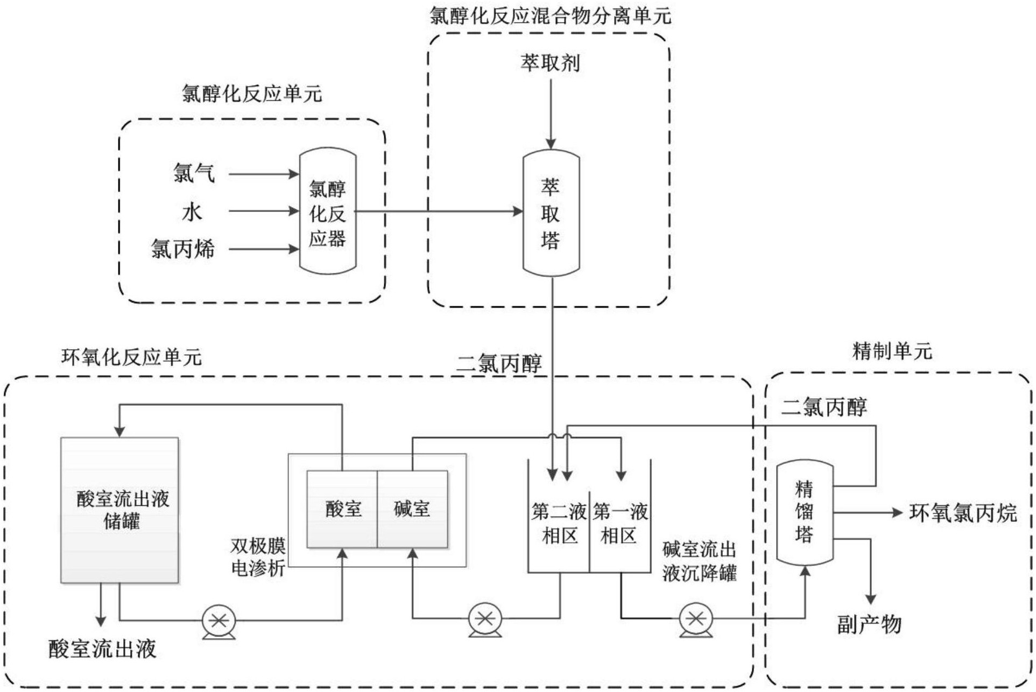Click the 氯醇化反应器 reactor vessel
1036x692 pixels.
tap(327, 211)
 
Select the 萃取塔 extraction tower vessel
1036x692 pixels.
tap(551, 213)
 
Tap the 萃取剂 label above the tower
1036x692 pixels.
tap(550, 63)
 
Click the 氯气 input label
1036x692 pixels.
tap(194, 173)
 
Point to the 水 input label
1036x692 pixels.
tap(192, 212)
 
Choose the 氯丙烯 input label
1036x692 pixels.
tap(182, 249)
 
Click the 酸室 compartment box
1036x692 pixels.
tap(342, 509)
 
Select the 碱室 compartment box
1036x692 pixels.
tap(412, 509)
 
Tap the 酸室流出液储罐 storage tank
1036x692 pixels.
tap(119, 510)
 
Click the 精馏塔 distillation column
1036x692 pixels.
tap(805, 512)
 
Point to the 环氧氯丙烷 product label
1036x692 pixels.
tap(962, 513)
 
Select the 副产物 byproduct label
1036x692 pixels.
tap(869, 624)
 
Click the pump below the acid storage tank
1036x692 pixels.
tap(219, 621)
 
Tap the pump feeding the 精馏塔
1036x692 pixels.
tap(696, 620)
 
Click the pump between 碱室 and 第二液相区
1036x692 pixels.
tap(485, 619)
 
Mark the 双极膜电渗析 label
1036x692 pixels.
tap(258, 557)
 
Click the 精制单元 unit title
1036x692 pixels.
tap(892, 351)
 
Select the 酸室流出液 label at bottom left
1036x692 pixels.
tap(102, 649)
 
